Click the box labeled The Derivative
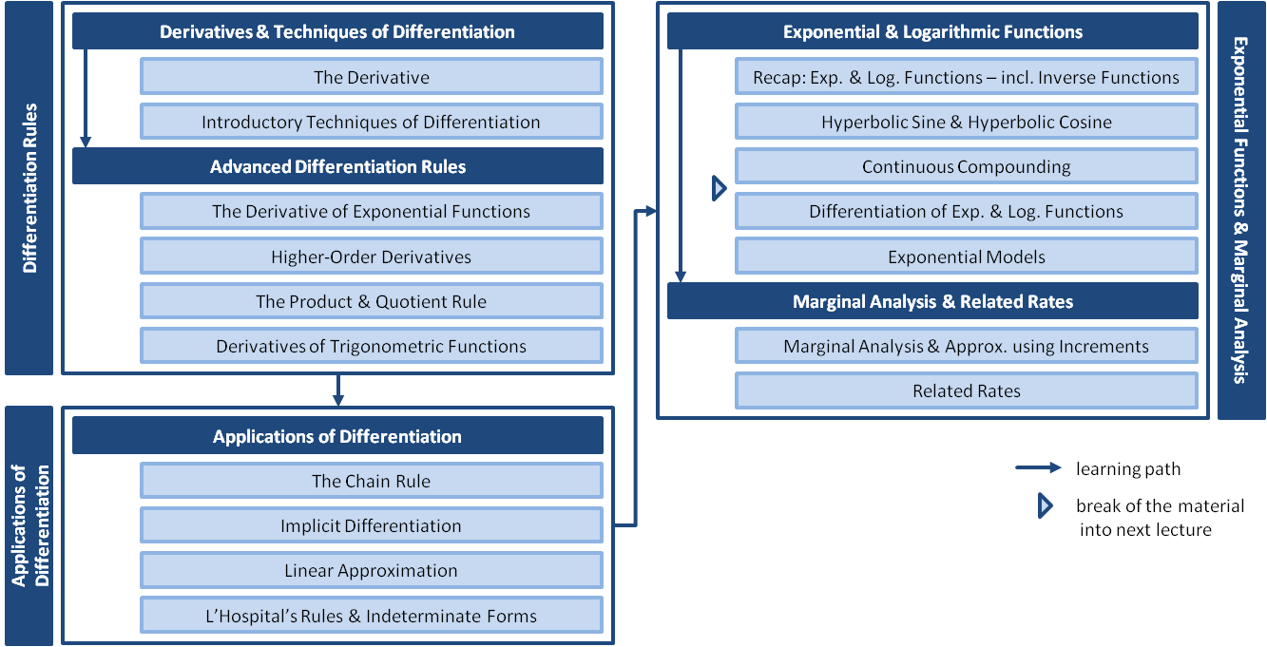pyautogui.click(x=371, y=77)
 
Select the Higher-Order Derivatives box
pyautogui.click(x=371, y=257)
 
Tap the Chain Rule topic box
pyautogui.click(x=371, y=482)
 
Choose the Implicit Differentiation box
pyautogui.click(x=371, y=526)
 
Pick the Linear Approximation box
pyautogui.click(x=371, y=571)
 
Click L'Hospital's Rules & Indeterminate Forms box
pyautogui.click(x=371, y=617)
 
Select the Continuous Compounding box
pyautogui.click(x=966, y=167)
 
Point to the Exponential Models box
pyautogui.click(x=966, y=257)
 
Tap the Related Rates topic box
pyautogui.click(x=966, y=390)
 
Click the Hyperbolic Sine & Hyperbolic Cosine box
pyautogui.click(x=966, y=123)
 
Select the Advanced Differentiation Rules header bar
pyautogui.click(x=337, y=167)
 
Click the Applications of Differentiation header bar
pyautogui.click(x=337, y=437)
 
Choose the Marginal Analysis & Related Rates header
pyautogui.click(x=932, y=302)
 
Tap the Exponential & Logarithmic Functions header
pyautogui.click(x=932, y=32)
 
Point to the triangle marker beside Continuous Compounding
pyautogui.click(x=720, y=188)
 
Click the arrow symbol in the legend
pyautogui.click(x=1038, y=468)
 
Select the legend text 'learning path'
pyautogui.click(x=1128, y=468)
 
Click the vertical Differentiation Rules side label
pyautogui.click(x=29, y=188)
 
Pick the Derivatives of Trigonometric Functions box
pyautogui.click(x=371, y=347)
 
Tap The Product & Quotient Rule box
pyautogui.click(x=371, y=302)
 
